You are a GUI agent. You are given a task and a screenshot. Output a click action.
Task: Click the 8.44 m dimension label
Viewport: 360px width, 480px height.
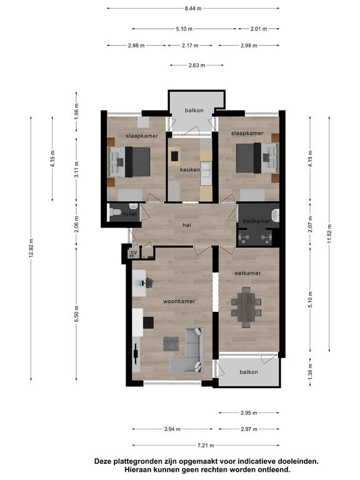click(193, 9)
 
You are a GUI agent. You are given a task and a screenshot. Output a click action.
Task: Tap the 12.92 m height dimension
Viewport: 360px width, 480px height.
click(31, 248)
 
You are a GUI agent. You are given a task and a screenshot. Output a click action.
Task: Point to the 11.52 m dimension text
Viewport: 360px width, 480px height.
click(329, 234)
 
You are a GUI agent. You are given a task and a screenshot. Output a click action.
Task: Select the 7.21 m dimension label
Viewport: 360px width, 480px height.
click(206, 446)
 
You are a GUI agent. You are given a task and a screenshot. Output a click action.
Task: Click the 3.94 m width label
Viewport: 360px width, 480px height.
click(172, 429)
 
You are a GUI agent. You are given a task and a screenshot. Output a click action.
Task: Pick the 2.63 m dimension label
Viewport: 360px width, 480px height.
click(196, 65)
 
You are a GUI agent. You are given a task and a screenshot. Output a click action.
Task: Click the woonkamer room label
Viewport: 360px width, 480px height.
click(179, 301)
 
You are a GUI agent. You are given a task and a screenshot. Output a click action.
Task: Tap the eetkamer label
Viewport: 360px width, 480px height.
click(247, 273)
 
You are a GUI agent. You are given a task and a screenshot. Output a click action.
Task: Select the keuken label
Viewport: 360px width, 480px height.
click(190, 169)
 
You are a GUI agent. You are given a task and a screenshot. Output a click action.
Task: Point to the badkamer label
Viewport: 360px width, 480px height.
click(256, 221)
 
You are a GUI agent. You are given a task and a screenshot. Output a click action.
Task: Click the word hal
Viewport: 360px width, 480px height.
click(187, 225)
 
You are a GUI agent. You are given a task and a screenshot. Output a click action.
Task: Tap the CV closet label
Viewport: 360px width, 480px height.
click(134, 253)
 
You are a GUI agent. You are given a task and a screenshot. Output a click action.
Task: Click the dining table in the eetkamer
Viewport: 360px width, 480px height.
click(246, 307)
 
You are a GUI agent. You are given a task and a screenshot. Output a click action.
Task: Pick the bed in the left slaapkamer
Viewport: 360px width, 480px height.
click(129, 162)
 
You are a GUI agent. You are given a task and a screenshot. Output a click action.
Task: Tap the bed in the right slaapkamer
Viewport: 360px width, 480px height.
click(257, 158)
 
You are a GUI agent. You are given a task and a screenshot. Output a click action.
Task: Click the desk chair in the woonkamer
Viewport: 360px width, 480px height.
click(149, 282)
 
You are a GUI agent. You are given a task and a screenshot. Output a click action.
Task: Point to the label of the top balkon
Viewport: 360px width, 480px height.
click(194, 111)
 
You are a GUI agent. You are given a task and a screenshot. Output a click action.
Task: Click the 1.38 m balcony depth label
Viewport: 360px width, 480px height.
click(311, 372)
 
